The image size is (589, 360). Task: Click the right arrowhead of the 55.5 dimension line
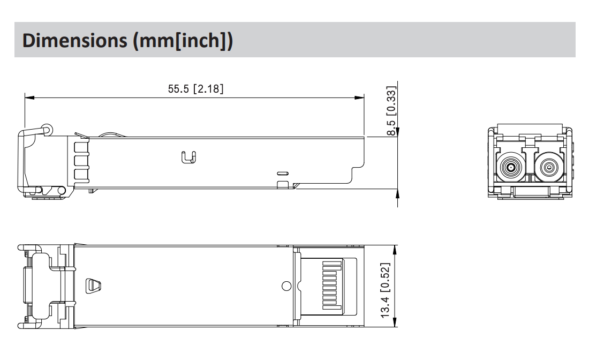pyautogui.click(x=360, y=98)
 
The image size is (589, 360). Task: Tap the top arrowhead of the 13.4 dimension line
pyautogui.click(x=395, y=250)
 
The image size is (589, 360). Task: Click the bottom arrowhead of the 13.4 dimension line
pyautogui.click(x=395, y=322)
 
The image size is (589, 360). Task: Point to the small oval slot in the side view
pyautogui.click(x=282, y=174)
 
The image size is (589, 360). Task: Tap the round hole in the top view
pyautogui.click(x=286, y=286)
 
